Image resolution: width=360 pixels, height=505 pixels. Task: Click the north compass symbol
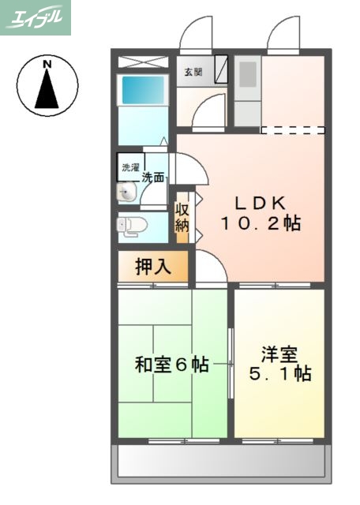pos(47,85)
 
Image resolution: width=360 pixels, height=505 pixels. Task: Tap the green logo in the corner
pos(36,17)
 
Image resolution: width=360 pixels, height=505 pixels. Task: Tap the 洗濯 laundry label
pos(129,167)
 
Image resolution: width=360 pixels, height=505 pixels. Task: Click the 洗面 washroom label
pos(153,178)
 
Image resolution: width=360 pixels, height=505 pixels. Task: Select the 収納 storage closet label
pos(182,217)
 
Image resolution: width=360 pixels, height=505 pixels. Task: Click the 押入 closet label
pos(153,267)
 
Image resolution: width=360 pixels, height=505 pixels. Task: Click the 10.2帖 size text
pos(260,223)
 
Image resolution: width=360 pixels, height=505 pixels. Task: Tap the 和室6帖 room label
pos(171,365)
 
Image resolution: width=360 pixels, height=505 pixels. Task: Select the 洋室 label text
pos(280,353)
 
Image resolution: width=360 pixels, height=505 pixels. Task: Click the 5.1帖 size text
pos(280,374)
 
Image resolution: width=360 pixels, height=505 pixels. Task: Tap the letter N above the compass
pos(47,63)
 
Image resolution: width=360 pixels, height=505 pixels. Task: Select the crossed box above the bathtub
pos(143,61)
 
